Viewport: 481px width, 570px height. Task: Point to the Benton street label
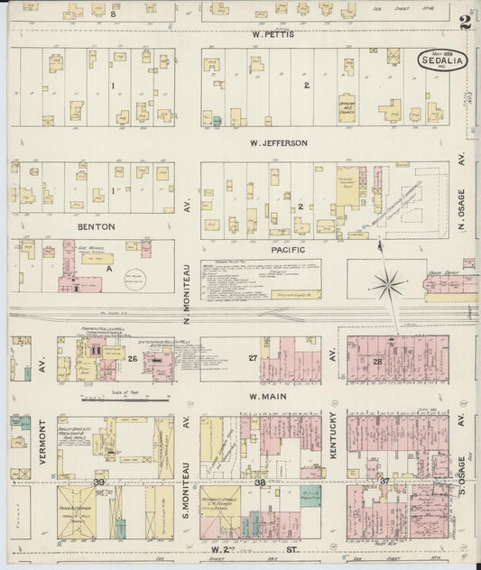tap(42, 227)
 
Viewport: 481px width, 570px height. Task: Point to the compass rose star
tap(389, 287)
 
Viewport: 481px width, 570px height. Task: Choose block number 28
tap(378, 360)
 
